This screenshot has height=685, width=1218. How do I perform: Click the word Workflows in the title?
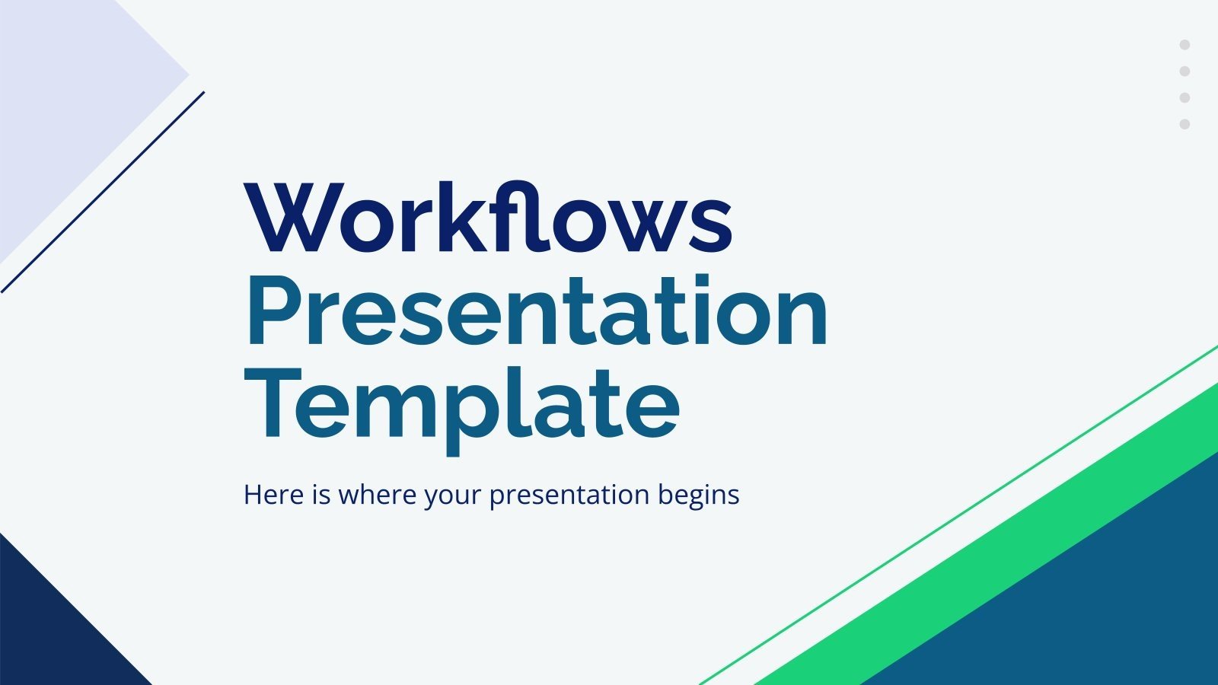487,218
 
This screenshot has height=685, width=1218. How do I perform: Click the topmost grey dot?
1185,45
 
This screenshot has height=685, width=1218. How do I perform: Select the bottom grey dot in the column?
1185,124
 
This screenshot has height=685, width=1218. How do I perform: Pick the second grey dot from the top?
1185,72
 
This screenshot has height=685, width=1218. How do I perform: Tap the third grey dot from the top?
1185,97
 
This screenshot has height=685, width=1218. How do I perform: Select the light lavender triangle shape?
61,91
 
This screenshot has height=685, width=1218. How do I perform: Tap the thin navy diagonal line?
103,192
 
